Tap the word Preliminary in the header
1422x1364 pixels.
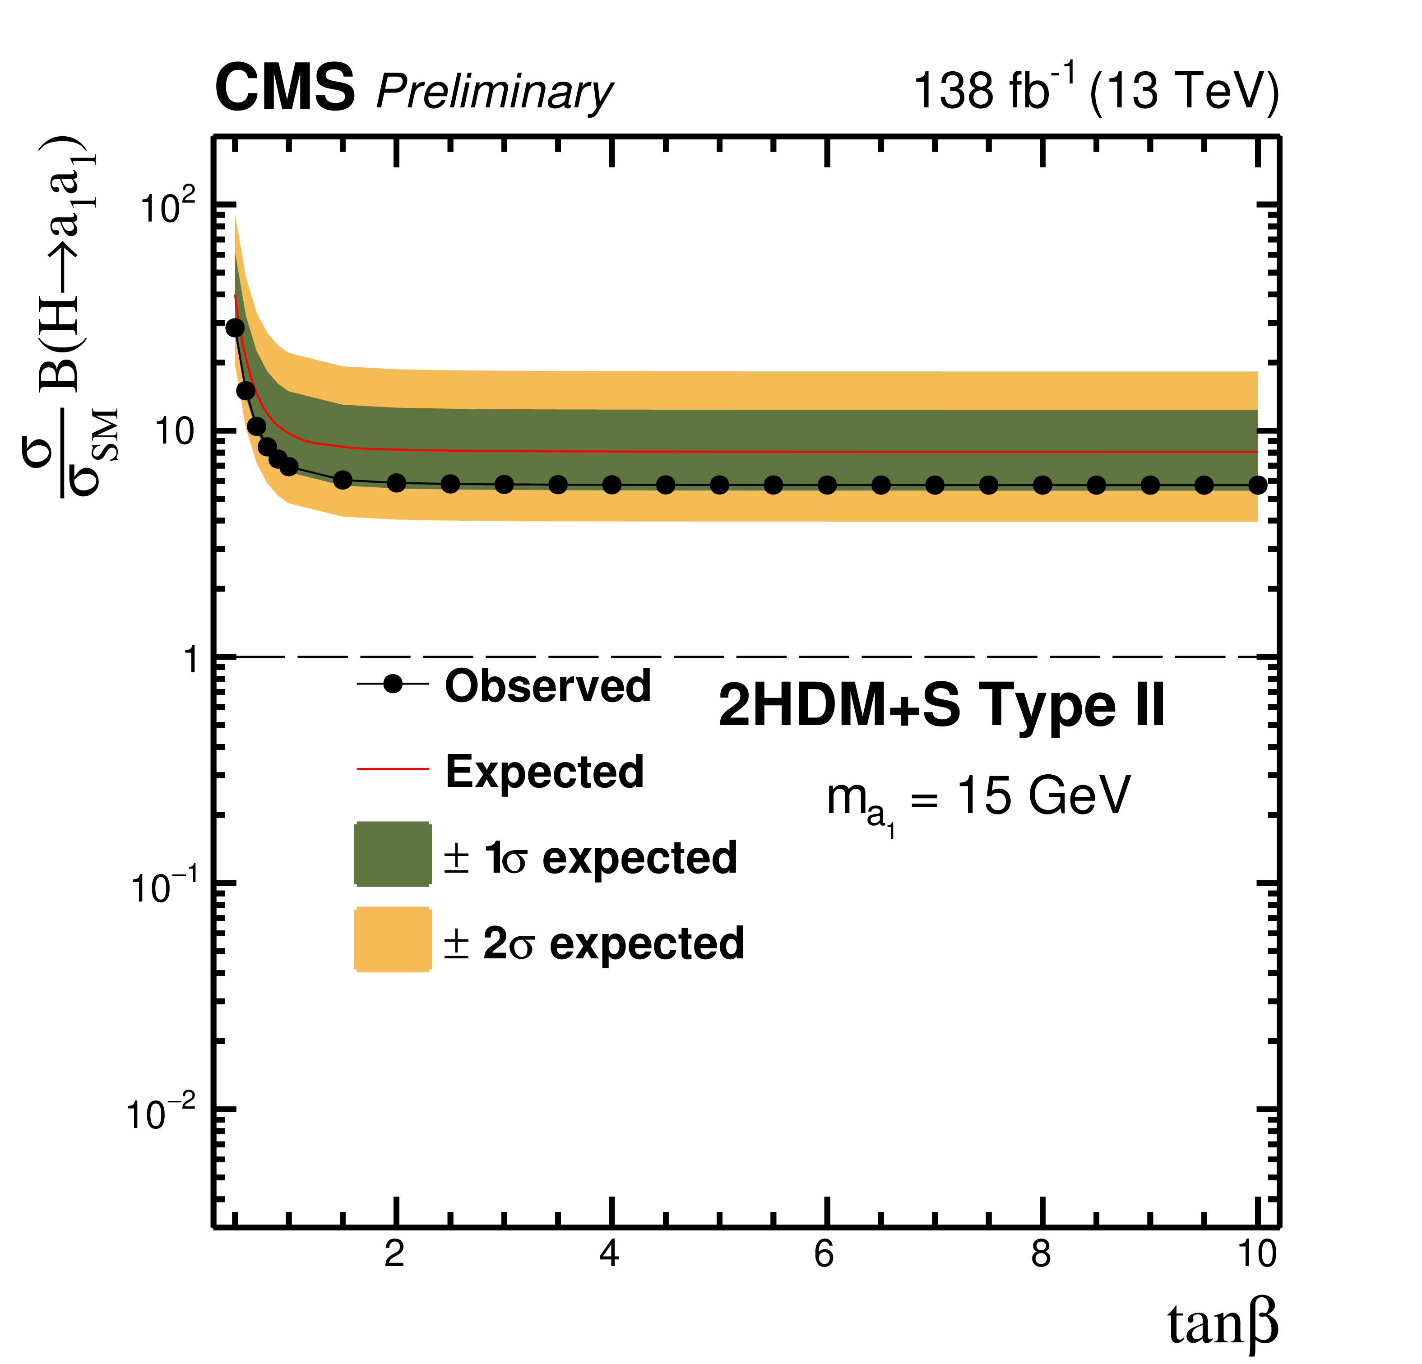coord(494,93)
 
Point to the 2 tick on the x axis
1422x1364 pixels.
coord(395,1253)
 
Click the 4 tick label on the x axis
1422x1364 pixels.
coord(609,1253)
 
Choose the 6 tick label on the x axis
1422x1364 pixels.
coord(824,1253)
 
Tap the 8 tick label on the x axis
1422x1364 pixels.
coord(1040,1253)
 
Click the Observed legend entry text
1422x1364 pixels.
coord(548,686)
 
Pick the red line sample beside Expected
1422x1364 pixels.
coord(393,768)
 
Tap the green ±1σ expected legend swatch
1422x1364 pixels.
coord(393,854)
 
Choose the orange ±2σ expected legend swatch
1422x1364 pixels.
coord(393,939)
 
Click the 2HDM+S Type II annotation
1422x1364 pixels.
coord(941,705)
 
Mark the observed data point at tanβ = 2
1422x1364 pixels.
coord(396,483)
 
